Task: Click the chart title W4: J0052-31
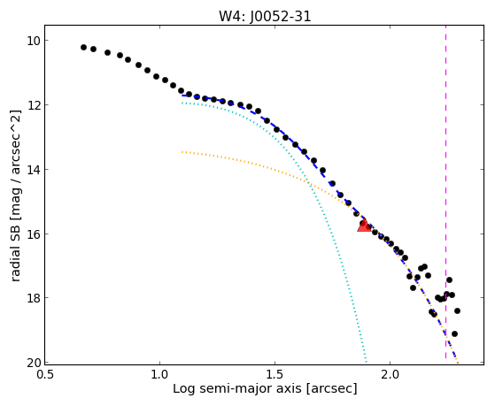tap(265, 16)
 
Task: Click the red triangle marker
tap(364, 225)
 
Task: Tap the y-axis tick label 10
tap(33, 41)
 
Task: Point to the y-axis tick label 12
tap(33, 104)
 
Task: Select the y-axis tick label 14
tap(33, 170)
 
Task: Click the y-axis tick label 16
tap(33, 234)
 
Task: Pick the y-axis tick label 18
tap(33, 298)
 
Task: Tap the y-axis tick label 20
tap(33, 363)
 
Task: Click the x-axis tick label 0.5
tap(45, 375)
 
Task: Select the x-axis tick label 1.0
tap(159, 375)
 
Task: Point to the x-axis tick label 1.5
tap(275, 375)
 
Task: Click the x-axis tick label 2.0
tap(391, 375)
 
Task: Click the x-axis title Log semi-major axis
tap(237, 388)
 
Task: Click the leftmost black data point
tap(83, 47)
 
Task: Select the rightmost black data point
tap(457, 311)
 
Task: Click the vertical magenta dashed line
tap(445, 192)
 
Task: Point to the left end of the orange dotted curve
tap(182, 152)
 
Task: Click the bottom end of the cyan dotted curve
tap(367, 362)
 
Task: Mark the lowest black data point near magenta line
tap(454, 334)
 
